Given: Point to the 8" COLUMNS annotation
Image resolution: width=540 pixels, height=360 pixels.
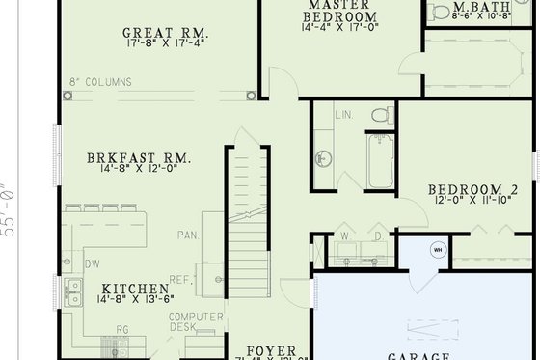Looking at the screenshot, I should pyautogui.click(x=100, y=83).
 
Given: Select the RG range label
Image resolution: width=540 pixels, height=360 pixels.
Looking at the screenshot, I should pyautogui.click(x=121, y=329).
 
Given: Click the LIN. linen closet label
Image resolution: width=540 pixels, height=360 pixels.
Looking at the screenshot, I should pyautogui.click(x=345, y=115).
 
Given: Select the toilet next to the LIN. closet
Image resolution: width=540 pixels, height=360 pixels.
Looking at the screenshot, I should pyautogui.click(x=382, y=117).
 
